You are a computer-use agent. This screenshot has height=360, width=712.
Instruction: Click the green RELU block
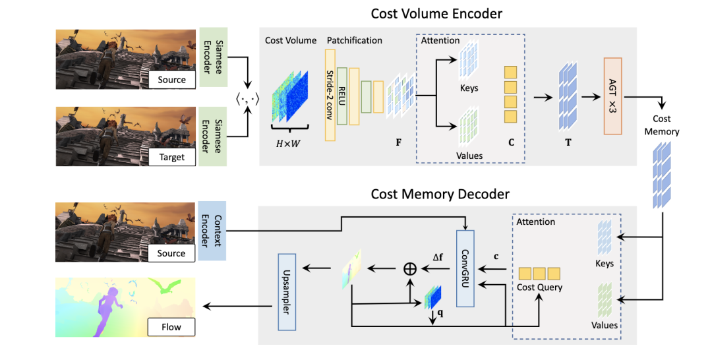342,95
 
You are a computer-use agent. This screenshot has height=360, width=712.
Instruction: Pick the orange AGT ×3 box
612,96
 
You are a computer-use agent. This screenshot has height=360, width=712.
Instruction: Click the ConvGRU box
465,269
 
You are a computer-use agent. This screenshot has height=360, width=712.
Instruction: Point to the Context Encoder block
212,231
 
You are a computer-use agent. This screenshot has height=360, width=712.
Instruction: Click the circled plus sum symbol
410,268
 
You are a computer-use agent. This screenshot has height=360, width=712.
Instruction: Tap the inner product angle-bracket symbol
249,99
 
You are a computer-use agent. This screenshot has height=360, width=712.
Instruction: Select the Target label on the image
171,158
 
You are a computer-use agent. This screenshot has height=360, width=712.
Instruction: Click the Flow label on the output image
171,326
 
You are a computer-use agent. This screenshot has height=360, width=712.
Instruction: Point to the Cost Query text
539,287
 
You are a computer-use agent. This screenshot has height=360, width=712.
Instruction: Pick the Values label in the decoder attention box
605,324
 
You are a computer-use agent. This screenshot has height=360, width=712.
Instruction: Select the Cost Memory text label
662,125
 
